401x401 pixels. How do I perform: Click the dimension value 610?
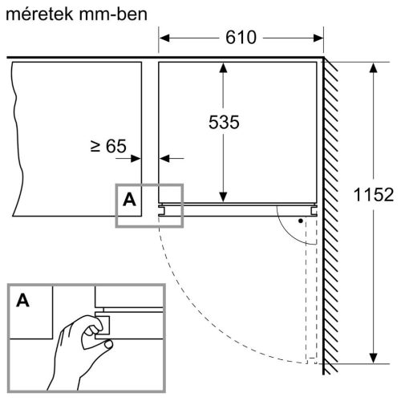click(x=241, y=38)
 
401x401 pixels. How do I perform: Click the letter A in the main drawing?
click(x=129, y=200)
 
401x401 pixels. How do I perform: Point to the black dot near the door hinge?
click(x=300, y=219)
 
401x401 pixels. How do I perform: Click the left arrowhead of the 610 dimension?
click(x=164, y=38)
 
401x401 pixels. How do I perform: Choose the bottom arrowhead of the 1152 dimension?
click(x=373, y=361)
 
